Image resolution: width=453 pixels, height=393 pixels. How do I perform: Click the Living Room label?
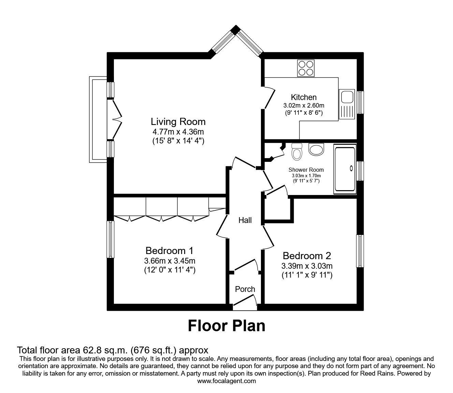coord(178,122)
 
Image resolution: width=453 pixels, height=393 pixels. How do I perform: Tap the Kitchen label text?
coord(304,97)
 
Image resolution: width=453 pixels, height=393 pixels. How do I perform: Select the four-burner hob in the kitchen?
coord(306,68)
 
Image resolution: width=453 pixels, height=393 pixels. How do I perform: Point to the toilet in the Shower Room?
coord(297,152)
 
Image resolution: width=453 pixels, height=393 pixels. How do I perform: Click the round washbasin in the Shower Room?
coord(316,150)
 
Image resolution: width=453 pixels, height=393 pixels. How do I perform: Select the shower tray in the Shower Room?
coord(345,168)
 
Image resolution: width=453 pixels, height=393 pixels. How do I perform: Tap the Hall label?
coord(245,221)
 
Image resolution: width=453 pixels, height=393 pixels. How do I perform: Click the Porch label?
coord(245,289)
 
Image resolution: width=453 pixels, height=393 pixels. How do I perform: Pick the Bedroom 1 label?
coord(169,251)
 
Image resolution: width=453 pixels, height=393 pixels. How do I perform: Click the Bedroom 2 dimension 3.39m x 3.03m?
coord(307,266)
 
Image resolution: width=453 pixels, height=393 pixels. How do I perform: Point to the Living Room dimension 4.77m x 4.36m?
coord(178,132)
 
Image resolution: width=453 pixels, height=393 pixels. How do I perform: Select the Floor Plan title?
coord(227,325)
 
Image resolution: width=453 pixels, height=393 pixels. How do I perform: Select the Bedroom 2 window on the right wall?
coord(360,251)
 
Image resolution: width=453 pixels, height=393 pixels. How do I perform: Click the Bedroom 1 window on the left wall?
coord(111,239)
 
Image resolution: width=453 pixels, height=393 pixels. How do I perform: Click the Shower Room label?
coord(306,170)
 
